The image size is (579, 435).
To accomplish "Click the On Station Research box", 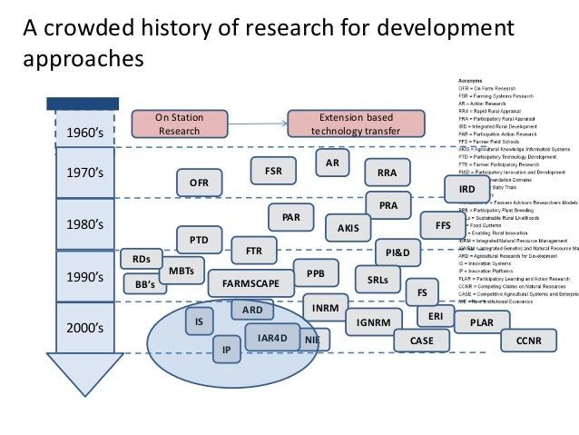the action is tap(179, 124).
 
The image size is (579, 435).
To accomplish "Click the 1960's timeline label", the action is tap(85, 134).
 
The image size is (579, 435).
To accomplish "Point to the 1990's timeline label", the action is tap(85, 276).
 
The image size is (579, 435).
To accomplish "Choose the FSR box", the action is tap(273, 169).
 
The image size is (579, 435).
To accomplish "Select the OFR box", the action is tap(199, 183).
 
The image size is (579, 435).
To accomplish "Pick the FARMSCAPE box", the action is tap(248, 283).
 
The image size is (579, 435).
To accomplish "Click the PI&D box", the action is tap(398, 251).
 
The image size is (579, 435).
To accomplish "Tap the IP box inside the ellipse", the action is tap(226, 349).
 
